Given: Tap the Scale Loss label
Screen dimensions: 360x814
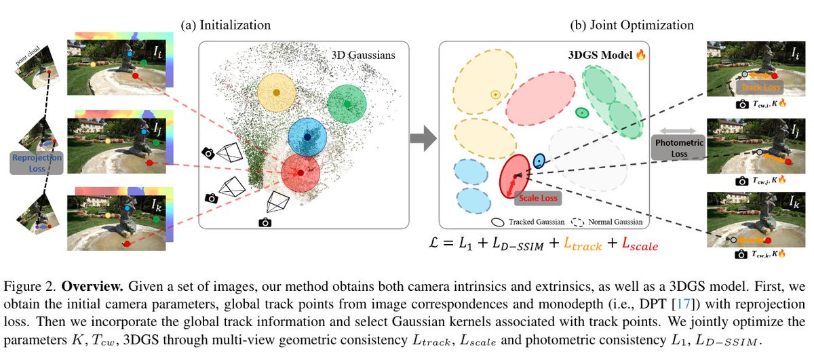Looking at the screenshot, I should coord(537,199).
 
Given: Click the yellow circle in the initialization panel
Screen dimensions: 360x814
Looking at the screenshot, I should coord(276,92).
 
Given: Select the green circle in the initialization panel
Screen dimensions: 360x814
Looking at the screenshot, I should coord(347,104).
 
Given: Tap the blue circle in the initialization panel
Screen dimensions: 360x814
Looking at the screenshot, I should coord(307,138).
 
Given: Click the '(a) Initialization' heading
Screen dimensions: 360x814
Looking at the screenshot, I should coord(226,25).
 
